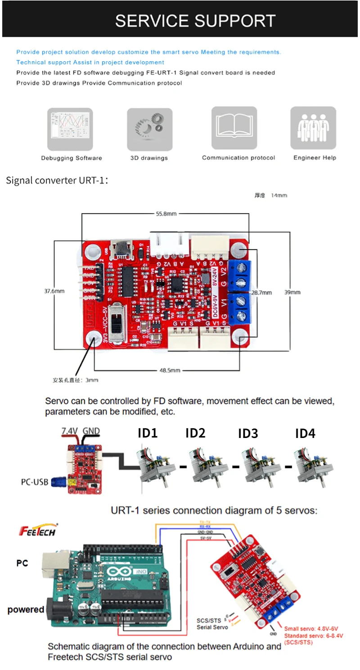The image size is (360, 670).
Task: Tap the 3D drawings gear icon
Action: [149, 129]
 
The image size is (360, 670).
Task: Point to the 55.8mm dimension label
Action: [166, 214]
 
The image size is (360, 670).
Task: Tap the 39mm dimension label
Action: [292, 292]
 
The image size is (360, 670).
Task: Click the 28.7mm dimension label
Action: [261, 292]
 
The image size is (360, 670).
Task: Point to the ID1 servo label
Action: [148, 433]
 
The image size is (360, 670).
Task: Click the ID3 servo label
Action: [248, 434]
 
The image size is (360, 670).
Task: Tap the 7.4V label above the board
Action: [70, 431]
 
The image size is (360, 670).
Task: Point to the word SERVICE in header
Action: [152, 21]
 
